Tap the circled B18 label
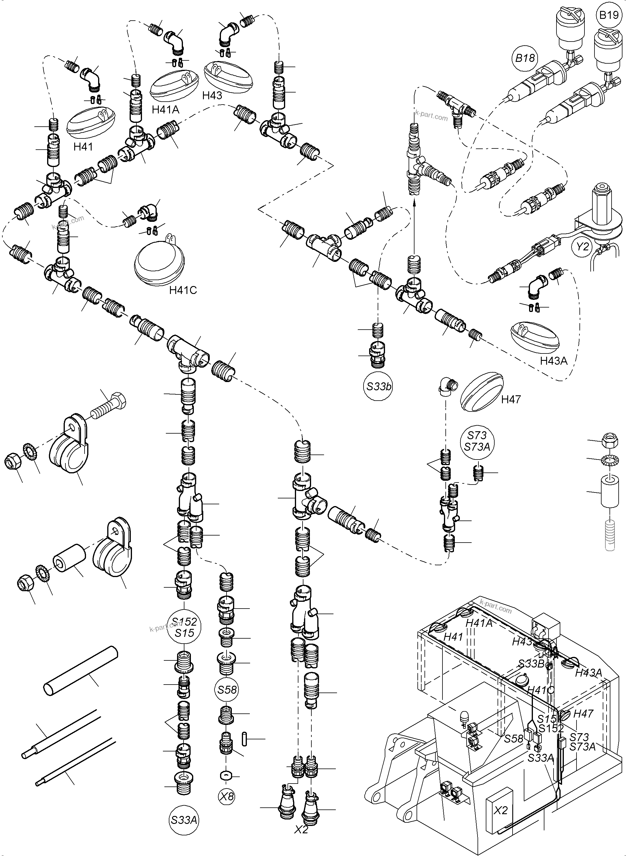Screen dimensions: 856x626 [x=525, y=58]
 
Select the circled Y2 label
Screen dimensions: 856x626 [x=582, y=247]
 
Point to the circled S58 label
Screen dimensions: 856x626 [x=227, y=690]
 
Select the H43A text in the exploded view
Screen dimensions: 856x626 [x=554, y=361]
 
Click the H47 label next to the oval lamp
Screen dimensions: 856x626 [x=511, y=399]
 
